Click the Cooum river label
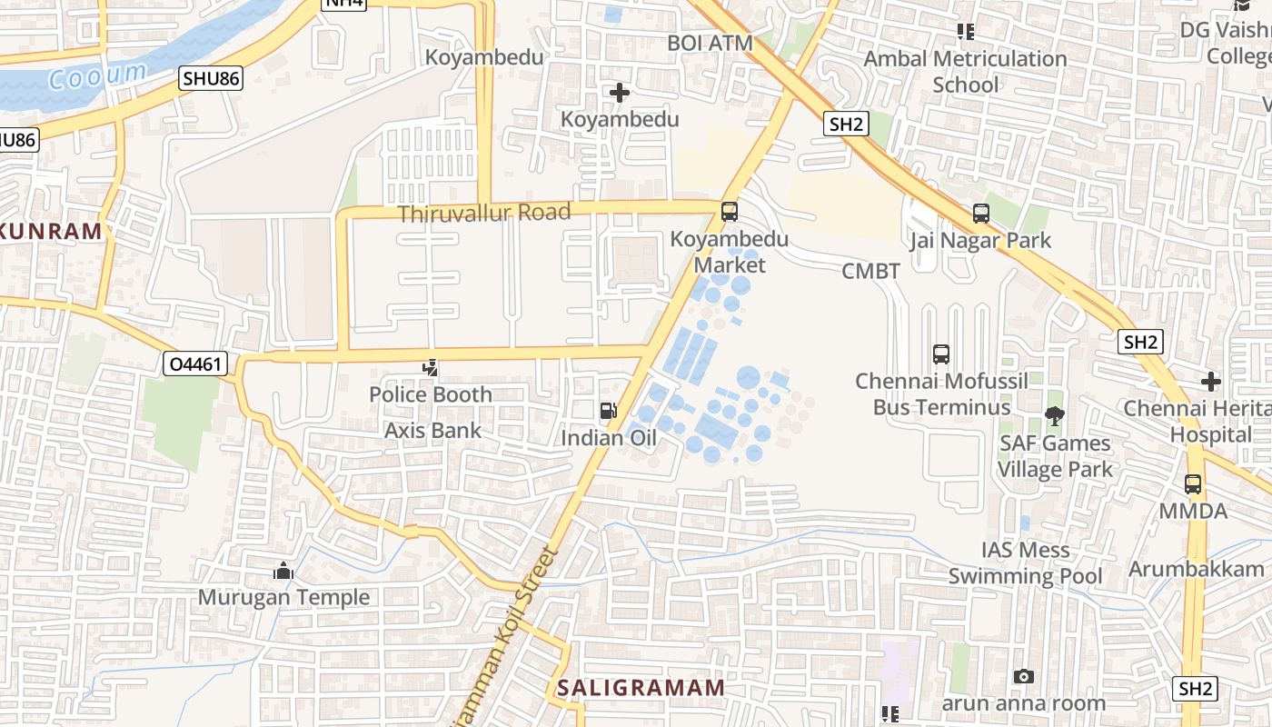click(97, 75)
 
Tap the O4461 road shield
click(194, 364)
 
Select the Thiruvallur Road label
click(484, 214)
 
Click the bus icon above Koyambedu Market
click(729, 212)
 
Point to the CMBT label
click(870, 271)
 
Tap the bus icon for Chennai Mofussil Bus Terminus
click(941, 354)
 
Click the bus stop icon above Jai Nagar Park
click(980, 214)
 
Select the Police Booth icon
click(431, 368)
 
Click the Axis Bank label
click(432, 430)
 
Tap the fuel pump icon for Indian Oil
click(608, 411)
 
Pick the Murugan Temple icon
click(283, 571)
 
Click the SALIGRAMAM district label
click(641, 687)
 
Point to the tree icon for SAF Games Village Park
click(1054, 416)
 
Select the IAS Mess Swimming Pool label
click(1025, 563)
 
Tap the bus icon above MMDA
click(1192, 484)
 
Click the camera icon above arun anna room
click(1023, 676)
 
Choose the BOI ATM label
click(710, 43)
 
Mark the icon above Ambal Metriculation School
click(965, 32)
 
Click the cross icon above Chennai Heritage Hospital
click(1210, 381)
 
